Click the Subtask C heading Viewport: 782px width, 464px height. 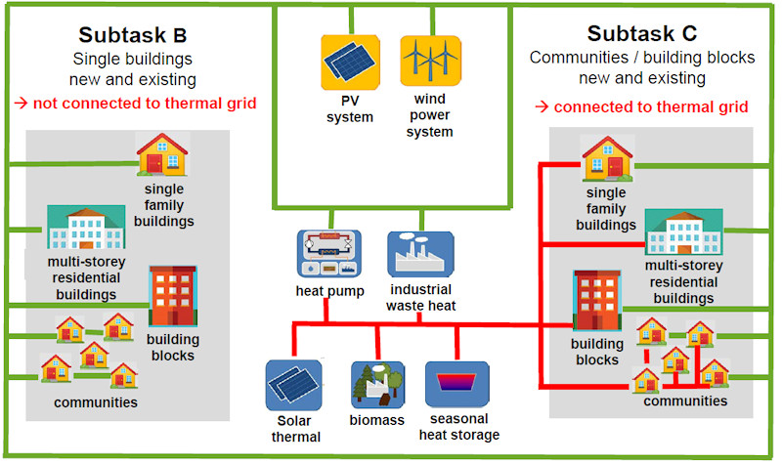click(642, 35)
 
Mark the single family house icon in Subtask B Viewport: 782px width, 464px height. click(161, 155)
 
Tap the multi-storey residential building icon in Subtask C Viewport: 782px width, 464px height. click(683, 234)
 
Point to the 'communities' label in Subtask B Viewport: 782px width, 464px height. click(96, 401)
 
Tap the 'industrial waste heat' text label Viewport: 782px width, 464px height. click(421, 297)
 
